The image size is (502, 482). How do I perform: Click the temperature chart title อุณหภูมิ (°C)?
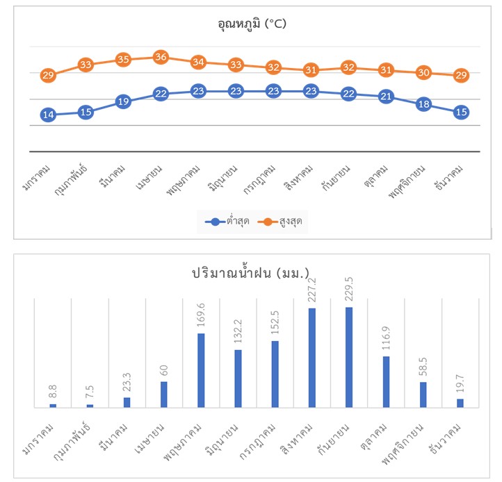[251, 24]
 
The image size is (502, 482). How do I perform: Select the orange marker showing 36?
[161, 57]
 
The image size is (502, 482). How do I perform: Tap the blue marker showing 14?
[48, 115]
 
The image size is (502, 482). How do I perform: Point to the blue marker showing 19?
[123, 101]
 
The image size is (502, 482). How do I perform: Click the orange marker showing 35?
[123, 60]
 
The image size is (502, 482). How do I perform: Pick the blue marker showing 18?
[423, 104]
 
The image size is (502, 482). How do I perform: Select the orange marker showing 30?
[423, 72]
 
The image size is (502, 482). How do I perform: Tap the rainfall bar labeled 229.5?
[348, 357]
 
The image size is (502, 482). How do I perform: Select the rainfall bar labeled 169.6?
[201, 370]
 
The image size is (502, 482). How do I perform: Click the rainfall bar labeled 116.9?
[386, 381]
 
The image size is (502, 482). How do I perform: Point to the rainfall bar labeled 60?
[163, 394]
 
